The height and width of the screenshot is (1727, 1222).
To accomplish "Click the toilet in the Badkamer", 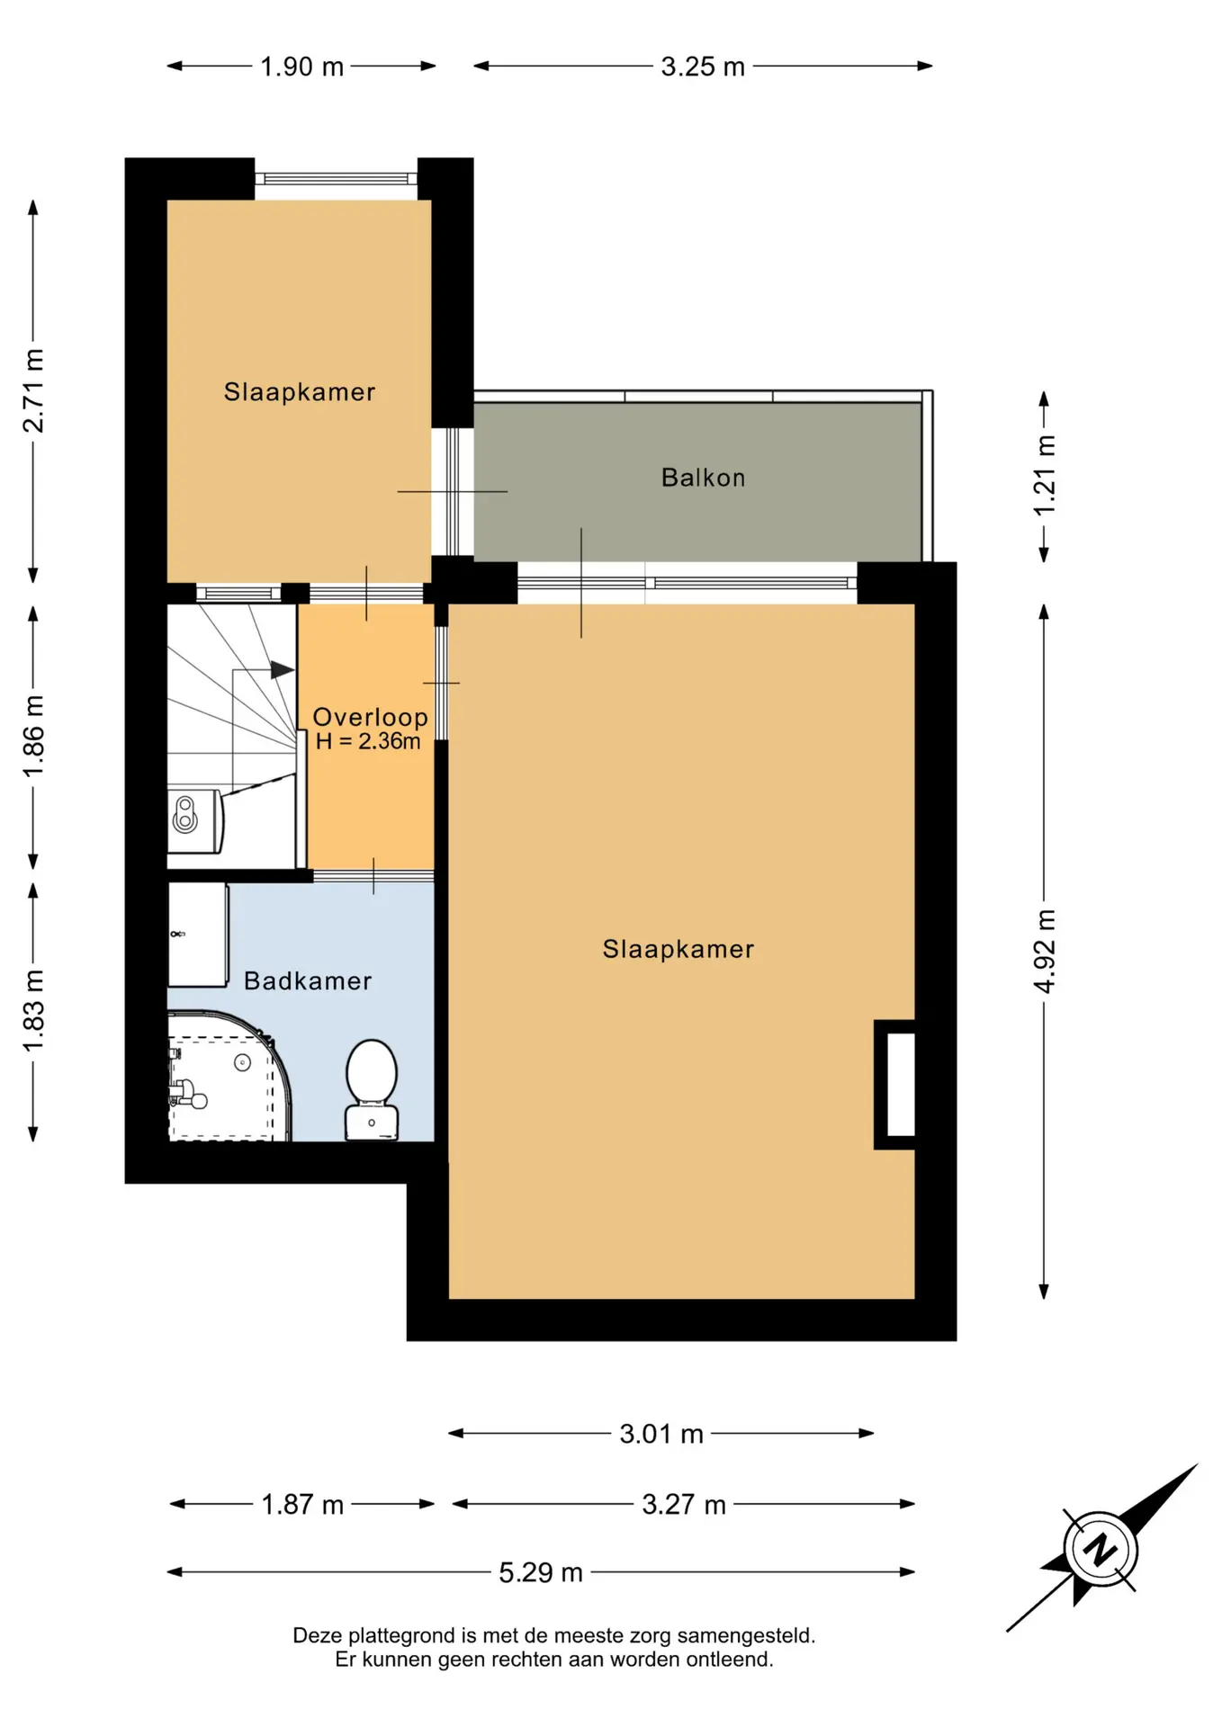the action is [372, 1089].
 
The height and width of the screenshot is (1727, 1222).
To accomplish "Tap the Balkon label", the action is [703, 478].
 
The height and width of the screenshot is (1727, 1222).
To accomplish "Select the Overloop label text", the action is [370, 717].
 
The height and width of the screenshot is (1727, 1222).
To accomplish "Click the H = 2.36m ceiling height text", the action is [368, 741].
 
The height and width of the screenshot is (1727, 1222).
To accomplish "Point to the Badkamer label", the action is [308, 980].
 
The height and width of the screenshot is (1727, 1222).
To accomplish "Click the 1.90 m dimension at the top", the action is [302, 67].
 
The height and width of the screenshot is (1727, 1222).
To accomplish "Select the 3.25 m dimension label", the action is [703, 67].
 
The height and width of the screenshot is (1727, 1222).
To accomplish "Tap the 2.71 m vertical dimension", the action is [33, 390].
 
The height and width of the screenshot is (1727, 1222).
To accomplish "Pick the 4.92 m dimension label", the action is [1044, 952].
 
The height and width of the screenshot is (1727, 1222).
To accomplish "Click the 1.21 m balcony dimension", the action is [1044, 476].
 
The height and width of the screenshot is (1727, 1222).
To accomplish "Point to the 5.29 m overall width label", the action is [541, 1572].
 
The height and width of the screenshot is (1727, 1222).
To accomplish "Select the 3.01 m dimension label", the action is [661, 1433].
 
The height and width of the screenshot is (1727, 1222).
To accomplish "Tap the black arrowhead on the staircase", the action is [283, 670].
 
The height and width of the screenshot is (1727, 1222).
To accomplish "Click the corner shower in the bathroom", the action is [229, 1077].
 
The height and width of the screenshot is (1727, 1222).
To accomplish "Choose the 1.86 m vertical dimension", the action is [33, 737].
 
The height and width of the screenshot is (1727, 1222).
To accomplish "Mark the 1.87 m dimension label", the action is [302, 1504].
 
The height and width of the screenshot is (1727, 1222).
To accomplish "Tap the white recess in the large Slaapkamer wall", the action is [901, 1084].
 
